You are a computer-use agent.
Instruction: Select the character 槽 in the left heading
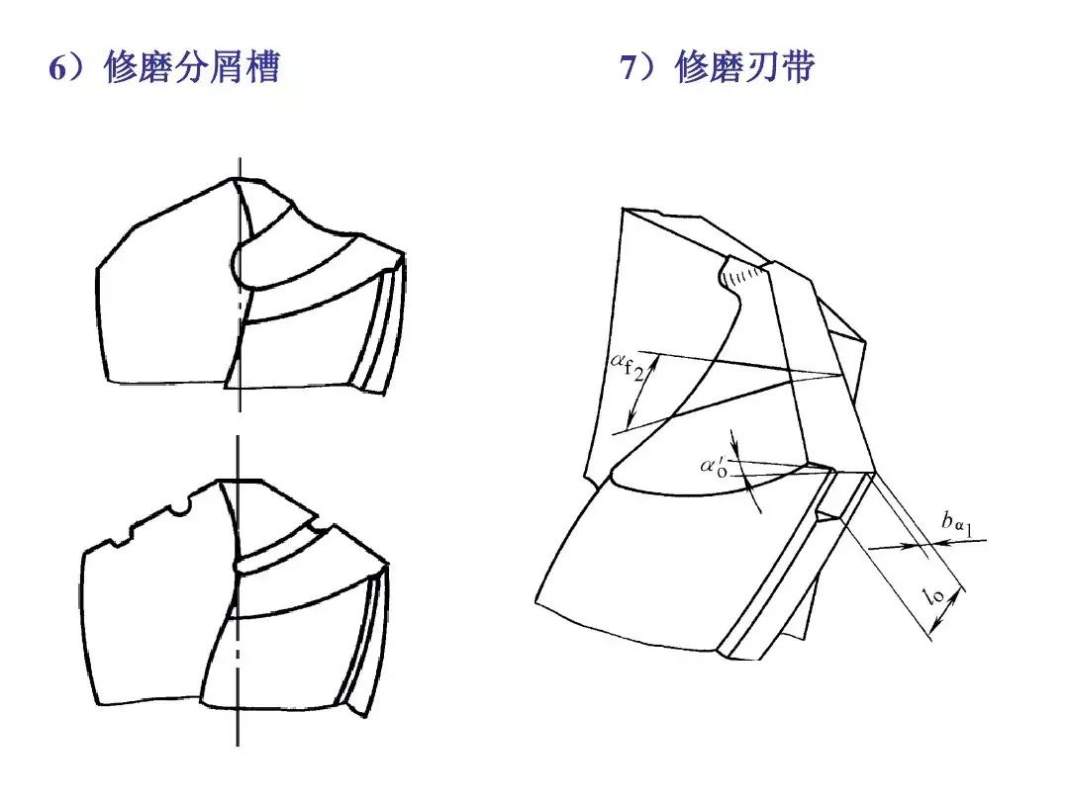point(261,67)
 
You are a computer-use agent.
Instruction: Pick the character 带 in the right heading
point(797,67)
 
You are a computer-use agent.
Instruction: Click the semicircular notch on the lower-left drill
point(178,508)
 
